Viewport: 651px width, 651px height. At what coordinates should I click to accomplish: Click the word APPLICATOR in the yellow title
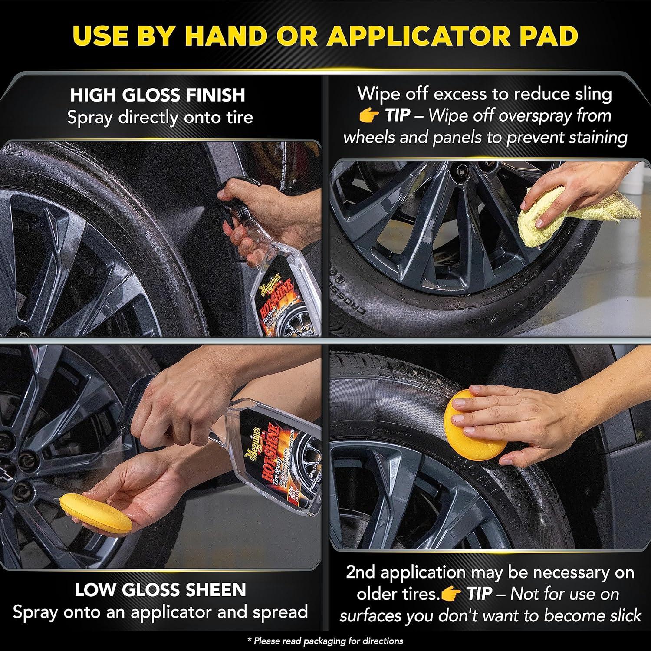pyautogui.click(x=418, y=36)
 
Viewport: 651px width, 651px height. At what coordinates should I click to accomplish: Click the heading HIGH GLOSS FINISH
pyautogui.click(x=158, y=95)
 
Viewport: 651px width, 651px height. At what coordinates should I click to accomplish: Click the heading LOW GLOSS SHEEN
pyautogui.click(x=160, y=590)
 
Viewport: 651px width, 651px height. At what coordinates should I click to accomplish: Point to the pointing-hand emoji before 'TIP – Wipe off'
pyautogui.click(x=369, y=115)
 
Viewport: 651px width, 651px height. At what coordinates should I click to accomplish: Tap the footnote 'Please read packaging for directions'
pyautogui.click(x=325, y=641)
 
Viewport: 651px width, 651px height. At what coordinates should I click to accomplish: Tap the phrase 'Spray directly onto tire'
pyautogui.click(x=160, y=117)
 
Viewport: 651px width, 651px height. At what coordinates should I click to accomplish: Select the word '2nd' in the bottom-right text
pyautogui.click(x=361, y=572)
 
